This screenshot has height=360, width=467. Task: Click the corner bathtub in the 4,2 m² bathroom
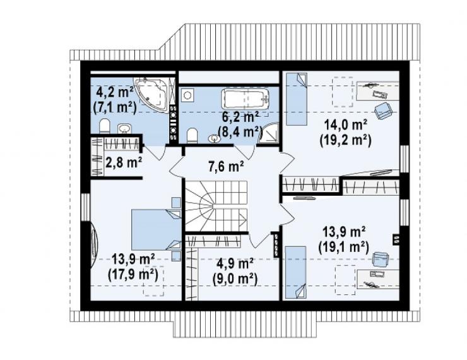(x=152, y=94)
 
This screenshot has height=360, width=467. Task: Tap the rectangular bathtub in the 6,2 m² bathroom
(x=245, y=99)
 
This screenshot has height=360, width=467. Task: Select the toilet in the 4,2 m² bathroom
(x=104, y=126)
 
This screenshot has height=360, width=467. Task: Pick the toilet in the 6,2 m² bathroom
(x=192, y=135)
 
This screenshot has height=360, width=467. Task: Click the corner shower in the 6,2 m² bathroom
(x=269, y=133)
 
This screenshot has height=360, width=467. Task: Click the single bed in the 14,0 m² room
(x=297, y=99)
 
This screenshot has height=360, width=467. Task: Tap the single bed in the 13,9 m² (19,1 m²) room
(x=296, y=272)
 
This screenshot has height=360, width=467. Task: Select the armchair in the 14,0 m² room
(x=382, y=111)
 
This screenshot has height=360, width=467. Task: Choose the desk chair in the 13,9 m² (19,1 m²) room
(x=381, y=259)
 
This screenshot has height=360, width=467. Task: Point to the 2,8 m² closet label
(x=124, y=163)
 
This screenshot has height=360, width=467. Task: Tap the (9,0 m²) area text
(x=235, y=279)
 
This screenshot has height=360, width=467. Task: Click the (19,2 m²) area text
(x=345, y=140)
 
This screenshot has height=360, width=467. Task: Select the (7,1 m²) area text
(x=115, y=107)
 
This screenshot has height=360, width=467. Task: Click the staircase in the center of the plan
(x=216, y=206)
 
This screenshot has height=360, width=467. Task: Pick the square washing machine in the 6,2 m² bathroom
(x=187, y=95)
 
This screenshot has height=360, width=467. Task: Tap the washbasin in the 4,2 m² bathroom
(x=124, y=128)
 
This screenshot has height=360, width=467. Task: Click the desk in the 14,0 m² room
(x=377, y=90)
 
